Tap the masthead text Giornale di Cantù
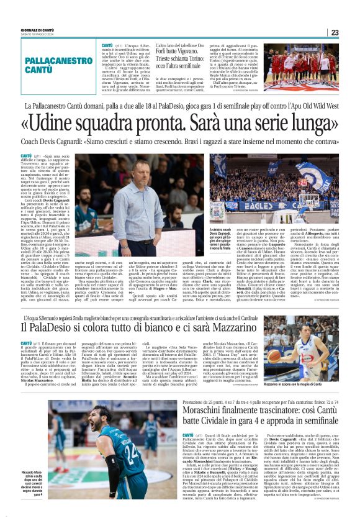point(22,30)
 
